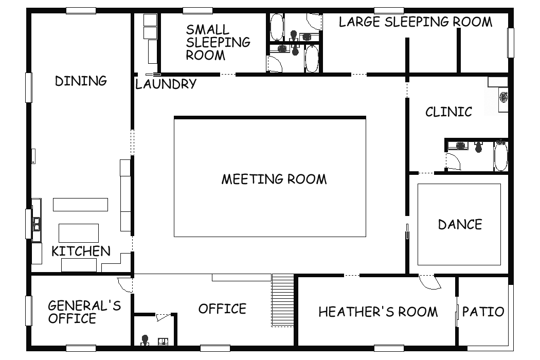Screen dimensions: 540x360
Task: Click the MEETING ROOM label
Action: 274,179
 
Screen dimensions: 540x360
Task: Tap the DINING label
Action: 81,81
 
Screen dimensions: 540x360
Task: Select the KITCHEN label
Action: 81,251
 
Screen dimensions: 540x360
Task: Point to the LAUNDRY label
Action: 166,84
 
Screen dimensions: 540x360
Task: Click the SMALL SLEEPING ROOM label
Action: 218,42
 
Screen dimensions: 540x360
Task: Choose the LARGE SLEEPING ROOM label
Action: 416,22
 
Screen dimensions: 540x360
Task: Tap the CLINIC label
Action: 448,112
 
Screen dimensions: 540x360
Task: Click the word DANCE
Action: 460,224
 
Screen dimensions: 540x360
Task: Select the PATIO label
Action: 483,312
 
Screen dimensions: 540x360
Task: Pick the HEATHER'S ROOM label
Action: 378,312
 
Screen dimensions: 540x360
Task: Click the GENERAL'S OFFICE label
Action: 84,312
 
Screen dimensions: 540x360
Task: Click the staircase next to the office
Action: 283,300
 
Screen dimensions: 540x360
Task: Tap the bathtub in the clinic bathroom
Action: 501,156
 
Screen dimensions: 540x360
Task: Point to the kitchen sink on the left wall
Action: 37,220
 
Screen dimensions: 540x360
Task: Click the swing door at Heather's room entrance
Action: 429,282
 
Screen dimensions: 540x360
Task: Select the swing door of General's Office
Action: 124,284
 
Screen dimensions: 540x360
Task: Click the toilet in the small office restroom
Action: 145,340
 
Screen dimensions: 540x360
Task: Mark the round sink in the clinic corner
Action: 503,97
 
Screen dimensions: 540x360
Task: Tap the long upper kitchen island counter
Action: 80,204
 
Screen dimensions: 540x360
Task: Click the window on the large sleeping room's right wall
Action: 511,43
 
